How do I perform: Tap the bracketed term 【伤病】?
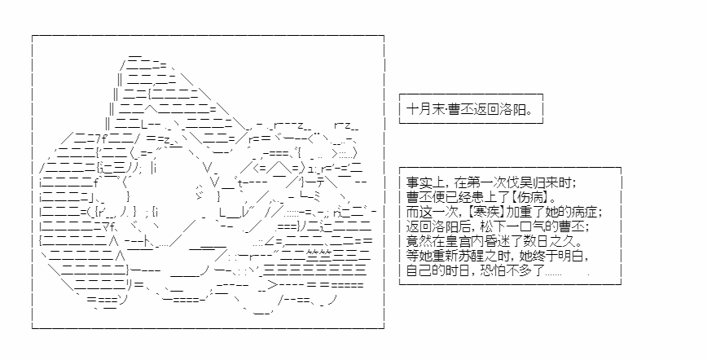pos(526,198)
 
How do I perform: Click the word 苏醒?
pos(470,256)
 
